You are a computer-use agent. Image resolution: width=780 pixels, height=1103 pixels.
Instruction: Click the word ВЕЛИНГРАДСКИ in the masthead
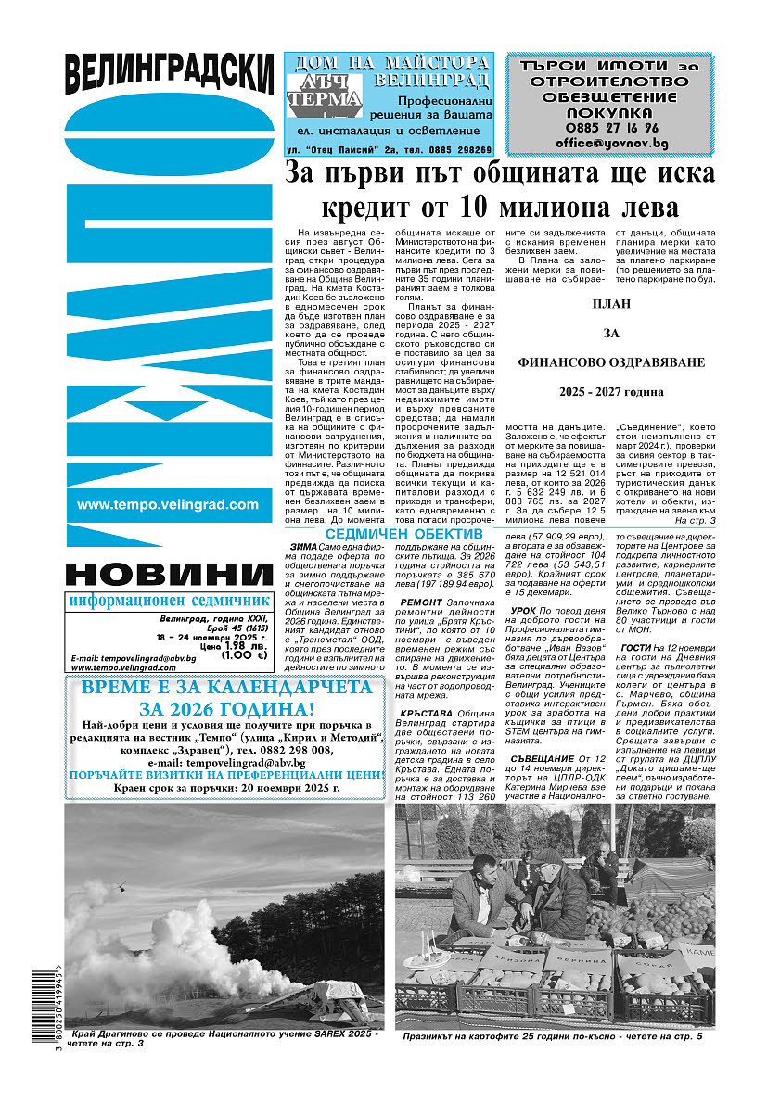pyautogui.click(x=171, y=72)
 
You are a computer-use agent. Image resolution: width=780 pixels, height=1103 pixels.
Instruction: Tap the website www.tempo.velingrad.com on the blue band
pyautogui.click(x=168, y=505)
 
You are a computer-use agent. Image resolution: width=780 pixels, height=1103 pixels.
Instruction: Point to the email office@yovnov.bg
pyautogui.click(x=611, y=144)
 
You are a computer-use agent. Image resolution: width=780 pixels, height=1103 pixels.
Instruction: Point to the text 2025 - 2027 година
pyautogui.click(x=611, y=392)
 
